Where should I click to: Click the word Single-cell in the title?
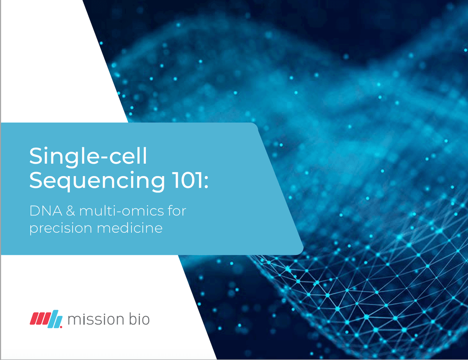point(88,157)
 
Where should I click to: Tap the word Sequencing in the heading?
point(97,181)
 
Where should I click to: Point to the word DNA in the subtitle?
point(46,211)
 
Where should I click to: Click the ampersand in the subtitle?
point(71,211)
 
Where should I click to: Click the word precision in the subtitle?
point(61,228)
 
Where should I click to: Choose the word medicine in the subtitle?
point(130,228)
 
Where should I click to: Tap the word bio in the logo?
point(139,319)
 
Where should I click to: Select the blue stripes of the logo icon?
point(55,319)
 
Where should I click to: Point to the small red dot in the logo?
point(61,327)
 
